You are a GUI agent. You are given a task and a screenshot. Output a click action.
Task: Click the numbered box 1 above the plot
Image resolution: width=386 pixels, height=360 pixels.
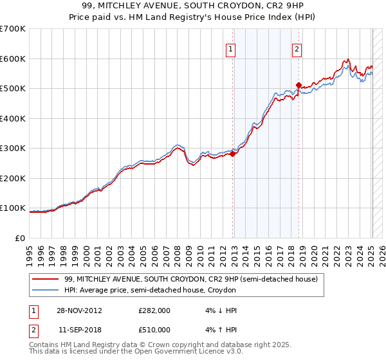click(230, 48)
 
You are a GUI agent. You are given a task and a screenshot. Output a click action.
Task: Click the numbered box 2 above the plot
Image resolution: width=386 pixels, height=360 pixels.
click(297, 48)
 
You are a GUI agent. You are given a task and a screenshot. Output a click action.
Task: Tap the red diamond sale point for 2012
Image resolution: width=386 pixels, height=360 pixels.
click(233, 154)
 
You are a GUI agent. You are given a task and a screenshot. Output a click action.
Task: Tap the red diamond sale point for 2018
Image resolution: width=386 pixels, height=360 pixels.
click(299, 85)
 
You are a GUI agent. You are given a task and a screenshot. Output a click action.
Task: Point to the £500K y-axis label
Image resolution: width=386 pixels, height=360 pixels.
click(13, 88)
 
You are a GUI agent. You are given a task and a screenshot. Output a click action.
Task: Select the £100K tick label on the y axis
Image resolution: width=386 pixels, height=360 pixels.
click(13, 208)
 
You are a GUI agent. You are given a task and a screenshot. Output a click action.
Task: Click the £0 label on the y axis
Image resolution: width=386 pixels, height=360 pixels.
click(20, 238)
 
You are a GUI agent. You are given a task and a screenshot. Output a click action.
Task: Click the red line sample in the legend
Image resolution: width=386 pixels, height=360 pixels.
click(45, 279)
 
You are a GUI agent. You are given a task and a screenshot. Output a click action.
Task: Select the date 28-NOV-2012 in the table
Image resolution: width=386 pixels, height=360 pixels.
click(80, 310)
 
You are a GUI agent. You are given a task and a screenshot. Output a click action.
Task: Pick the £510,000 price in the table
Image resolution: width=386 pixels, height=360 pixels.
click(154, 329)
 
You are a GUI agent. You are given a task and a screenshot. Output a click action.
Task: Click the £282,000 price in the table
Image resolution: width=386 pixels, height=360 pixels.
click(154, 310)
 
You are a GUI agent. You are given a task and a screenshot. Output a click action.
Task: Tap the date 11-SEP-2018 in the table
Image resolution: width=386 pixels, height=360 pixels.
click(80, 329)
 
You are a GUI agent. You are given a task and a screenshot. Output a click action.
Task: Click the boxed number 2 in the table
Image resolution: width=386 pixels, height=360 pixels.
click(33, 329)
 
